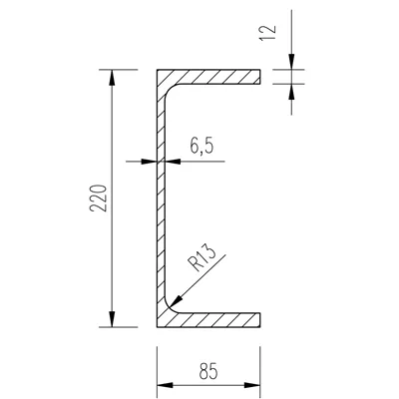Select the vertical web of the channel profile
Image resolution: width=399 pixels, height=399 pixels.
160,199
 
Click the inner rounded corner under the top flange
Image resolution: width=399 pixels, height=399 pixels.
170,91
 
